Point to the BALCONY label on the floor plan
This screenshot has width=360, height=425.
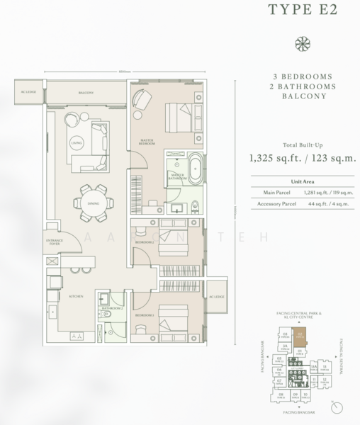click(86, 91)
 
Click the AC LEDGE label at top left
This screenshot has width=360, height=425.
click(28, 92)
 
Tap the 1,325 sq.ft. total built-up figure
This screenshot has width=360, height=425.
click(274, 158)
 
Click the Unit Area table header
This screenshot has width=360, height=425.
click(303, 181)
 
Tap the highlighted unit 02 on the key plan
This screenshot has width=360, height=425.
click(300, 337)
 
